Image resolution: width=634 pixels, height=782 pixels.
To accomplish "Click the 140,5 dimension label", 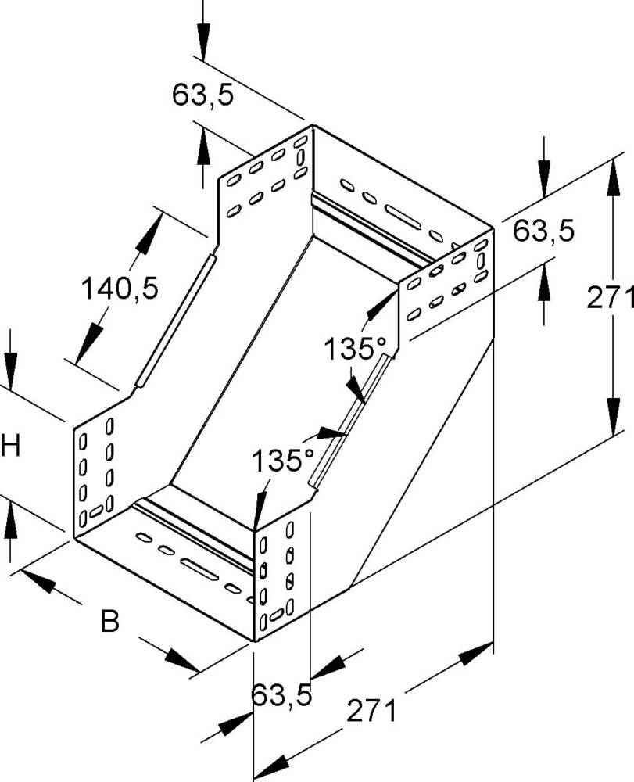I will [x=120, y=289].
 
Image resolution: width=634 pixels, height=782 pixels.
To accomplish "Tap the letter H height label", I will [x=10, y=447].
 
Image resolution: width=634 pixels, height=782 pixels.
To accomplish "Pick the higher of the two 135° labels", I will [x=351, y=348].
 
